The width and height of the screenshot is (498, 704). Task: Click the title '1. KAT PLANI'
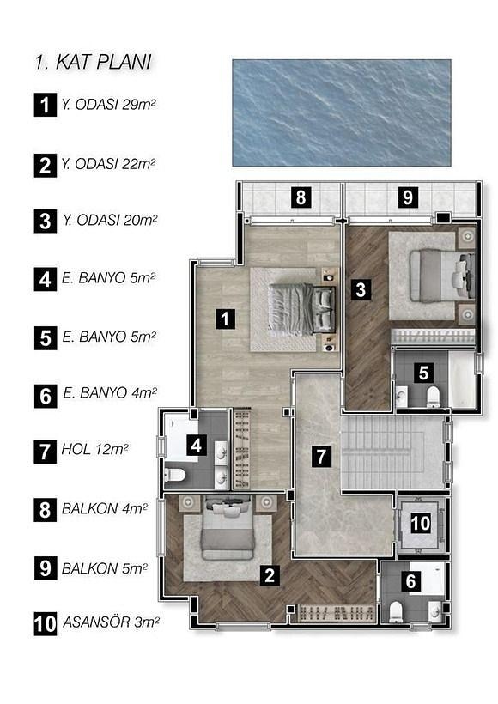point(94,63)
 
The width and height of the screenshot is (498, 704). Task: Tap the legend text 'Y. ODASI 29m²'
point(109,105)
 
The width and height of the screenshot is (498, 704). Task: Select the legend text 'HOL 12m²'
point(94,449)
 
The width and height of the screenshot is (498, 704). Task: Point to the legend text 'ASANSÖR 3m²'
point(111,622)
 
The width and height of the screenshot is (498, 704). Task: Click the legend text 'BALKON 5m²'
point(105,569)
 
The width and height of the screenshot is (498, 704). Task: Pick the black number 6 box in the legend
point(46,397)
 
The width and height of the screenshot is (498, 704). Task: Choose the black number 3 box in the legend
point(46,222)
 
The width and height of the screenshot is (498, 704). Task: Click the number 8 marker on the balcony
point(301,197)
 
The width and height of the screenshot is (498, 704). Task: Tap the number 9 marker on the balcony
point(408,197)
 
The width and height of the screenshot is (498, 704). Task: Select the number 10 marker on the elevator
point(421,523)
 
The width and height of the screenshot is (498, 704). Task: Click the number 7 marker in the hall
point(321,456)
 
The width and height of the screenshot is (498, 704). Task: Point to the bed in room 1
point(301,309)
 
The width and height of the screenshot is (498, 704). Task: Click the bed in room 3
point(442,276)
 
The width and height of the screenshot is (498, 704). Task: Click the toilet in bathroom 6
point(396,612)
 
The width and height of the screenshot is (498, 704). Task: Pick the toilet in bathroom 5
point(433,397)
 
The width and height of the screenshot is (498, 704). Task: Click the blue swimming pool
point(342,112)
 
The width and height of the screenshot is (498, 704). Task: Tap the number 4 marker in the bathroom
point(197,446)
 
